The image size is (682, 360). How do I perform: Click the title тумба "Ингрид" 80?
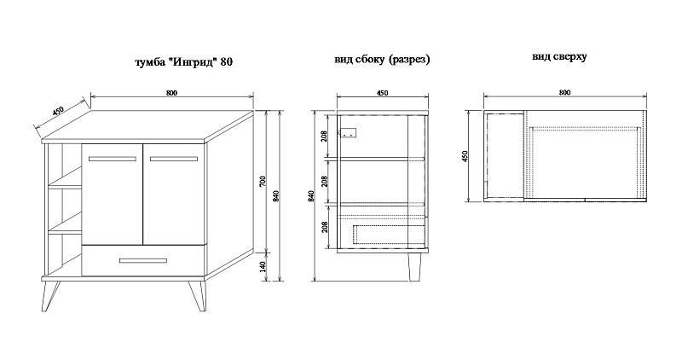pyautogui.click(x=184, y=61)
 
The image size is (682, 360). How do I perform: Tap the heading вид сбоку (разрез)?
pyautogui.click(x=382, y=59)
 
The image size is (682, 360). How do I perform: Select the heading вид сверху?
pyautogui.click(x=559, y=57)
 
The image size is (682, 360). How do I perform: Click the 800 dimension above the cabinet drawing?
pyautogui.click(x=172, y=93)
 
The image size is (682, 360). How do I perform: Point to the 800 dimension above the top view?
pyautogui.click(x=564, y=92)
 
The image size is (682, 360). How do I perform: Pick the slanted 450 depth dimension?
pyautogui.click(x=58, y=111)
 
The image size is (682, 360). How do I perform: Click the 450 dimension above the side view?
pyautogui.click(x=382, y=93)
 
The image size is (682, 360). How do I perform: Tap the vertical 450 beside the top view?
pyautogui.click(x=464, y=157)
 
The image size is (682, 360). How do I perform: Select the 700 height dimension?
pyautogui.click(x=263, y=182)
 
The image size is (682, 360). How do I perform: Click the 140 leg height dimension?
pyautogui.click(x=263, y=266)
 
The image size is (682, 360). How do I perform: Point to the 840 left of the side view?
pyautogui.click(x=310, y=196)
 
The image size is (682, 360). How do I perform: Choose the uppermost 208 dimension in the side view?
pyautogui.click(x=324, y=136)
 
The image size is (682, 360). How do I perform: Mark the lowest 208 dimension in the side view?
pyautogui.click(x=324, y=227)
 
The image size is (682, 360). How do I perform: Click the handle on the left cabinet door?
pyautogui.click(x=113, y=159)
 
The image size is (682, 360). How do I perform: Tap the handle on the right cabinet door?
pyautogui.click(x=174, y=159)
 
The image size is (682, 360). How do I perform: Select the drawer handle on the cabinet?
pyautogui.click(x=143, y=261)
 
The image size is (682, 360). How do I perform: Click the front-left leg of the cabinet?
pyautogui.click(x=49, y=295)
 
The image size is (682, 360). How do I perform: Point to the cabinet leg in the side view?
pyautogui.click(x=414, y=267)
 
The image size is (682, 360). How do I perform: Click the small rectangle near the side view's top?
pyautogui.click(x=349, y=132)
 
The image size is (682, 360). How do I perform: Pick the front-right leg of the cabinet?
pyautogui.click(x=197, y=296)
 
